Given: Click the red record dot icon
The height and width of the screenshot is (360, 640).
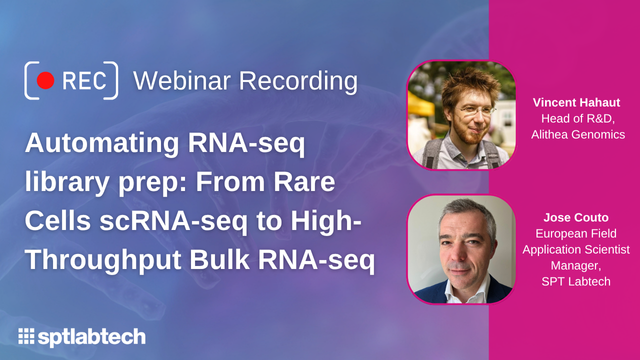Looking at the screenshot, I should pos(45,79).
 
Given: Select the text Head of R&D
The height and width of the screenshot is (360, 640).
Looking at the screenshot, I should pos(579,118).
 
